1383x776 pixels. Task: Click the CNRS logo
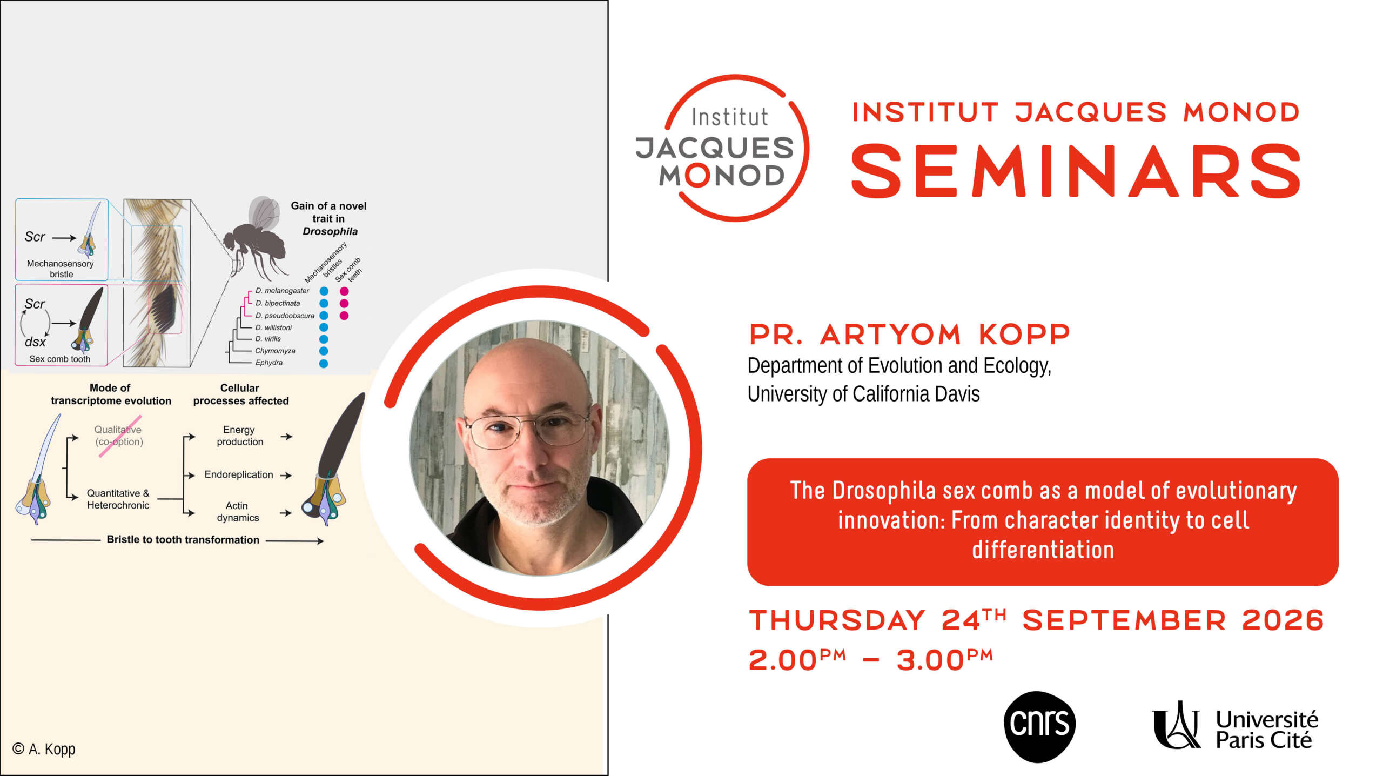1039,726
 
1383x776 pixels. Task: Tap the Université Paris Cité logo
1235,726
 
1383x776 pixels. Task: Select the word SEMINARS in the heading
1076,171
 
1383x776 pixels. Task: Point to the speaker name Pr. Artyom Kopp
909,334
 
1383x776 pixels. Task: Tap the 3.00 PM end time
945,659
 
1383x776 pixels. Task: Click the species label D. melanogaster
282,291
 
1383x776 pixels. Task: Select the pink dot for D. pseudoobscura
344,316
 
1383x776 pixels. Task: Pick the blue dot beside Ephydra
324,364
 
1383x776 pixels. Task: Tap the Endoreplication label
239,474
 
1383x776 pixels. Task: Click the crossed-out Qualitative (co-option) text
119,436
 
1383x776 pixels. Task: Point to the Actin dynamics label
238,511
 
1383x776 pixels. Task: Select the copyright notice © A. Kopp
44,749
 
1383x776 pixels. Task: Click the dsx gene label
35,342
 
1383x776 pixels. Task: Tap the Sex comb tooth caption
60,359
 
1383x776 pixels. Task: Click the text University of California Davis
863,394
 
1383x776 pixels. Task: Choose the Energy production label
239,436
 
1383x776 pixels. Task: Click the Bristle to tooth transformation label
183,539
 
